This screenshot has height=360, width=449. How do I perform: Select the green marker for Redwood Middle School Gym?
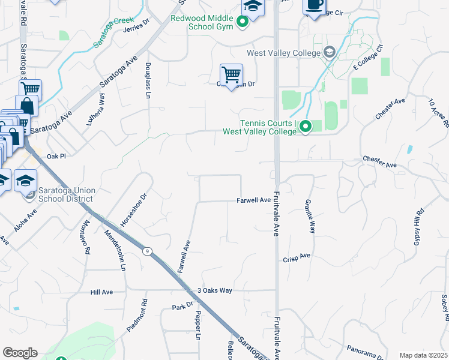tap(243, 23)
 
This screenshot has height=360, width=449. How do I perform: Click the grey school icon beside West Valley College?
tap(329, 53)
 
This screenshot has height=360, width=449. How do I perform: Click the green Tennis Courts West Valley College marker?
tap(305, 127)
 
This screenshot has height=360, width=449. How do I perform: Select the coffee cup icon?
tap(313, 5)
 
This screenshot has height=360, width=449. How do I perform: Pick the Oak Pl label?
tap(55, 156)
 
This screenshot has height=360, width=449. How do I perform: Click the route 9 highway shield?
tap(146, 252)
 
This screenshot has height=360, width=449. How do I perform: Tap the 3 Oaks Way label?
tap(214, 290)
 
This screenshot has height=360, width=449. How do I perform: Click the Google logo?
tap(20, 353)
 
